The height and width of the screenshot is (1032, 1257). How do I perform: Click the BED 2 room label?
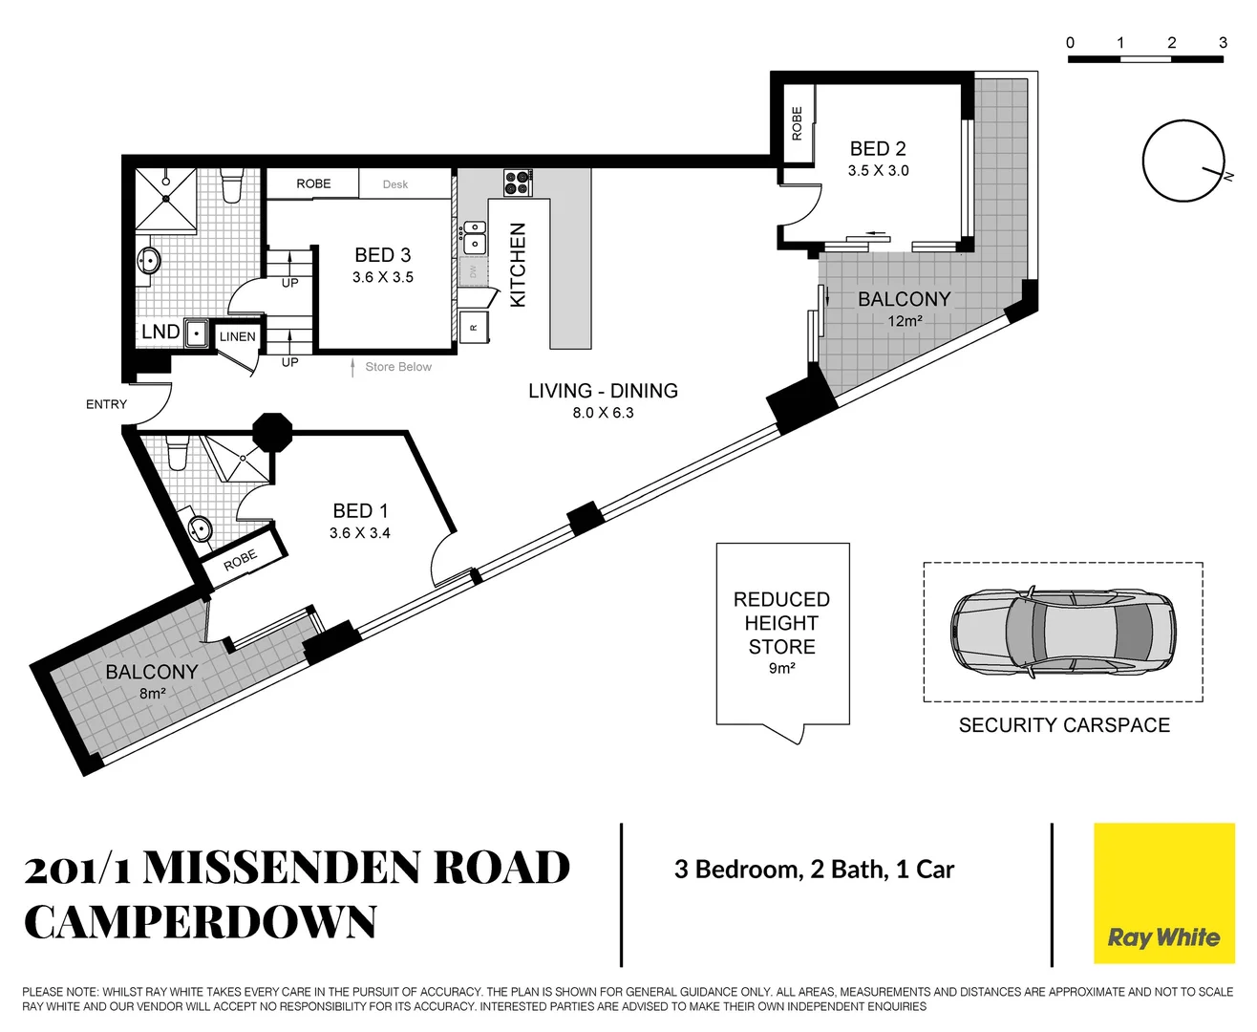[x=877, y=149]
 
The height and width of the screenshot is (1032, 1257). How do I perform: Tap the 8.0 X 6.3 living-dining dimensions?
[x=603, y=413]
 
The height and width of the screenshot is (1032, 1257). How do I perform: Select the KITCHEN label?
[x=519, y=265]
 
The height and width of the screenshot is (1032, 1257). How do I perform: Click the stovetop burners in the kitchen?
[x=517, y=183]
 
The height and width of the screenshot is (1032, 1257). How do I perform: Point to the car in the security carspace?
[x=1062, y=632]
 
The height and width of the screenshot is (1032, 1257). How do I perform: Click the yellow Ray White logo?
[x=1162, y=892]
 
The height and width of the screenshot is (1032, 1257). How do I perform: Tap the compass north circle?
[x=1182, y=161]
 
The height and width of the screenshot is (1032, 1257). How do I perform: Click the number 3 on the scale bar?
[x=1222, y=43]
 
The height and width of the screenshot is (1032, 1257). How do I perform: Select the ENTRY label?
[x=106, y=404]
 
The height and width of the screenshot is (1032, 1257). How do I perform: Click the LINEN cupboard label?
[x=237, y=336]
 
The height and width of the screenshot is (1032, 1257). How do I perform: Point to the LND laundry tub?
[x=197, y=333]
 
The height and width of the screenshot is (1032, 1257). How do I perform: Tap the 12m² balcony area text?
[x=905, y=321]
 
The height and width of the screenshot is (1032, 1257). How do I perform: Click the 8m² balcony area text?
[x=153, y=694]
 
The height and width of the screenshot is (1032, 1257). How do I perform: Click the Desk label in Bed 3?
[x=395, y=184]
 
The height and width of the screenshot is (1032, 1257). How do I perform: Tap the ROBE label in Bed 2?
[x=797, y=123]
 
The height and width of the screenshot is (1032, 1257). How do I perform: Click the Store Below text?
[x=398, y=367]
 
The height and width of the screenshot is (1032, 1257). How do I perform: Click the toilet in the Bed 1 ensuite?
[x=178, y=451]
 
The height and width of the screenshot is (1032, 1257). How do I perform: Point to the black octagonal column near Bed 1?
[x=272, y=431]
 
